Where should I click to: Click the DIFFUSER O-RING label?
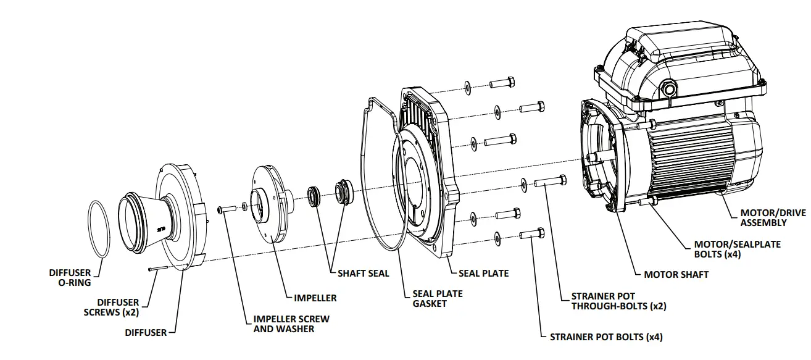(x=70, y=277)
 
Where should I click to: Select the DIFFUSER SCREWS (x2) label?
(x=111, y=307)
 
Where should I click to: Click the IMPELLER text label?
(x=315, y=298)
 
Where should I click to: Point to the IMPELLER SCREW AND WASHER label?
(x=291, y=324)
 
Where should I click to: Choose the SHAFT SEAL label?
(x=363, y=273)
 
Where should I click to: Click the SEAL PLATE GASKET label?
(x=438, y=298)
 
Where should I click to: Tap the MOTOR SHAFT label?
(x=676, y=274)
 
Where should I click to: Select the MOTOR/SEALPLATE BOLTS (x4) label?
(x=737, y=249)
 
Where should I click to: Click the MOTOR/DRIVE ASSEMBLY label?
(x=773, y=217)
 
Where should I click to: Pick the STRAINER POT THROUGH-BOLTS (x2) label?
(x=618, y=301)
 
